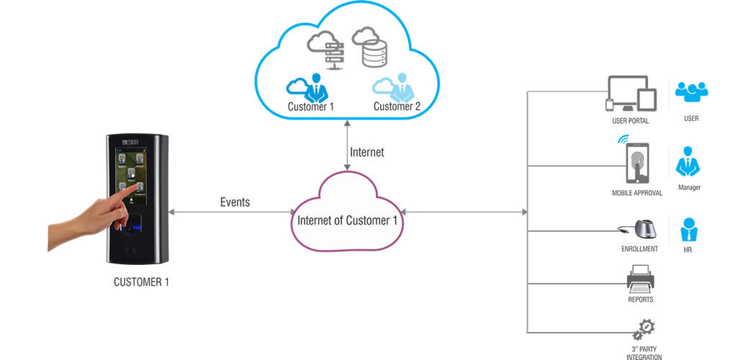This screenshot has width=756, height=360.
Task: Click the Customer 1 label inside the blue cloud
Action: [x=311, y=107]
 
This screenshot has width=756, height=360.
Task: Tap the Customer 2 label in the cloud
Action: [x=397, y=107]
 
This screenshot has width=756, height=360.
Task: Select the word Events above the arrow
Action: [x=235, y=202]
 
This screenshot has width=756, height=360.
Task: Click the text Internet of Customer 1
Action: [x=347, y=220]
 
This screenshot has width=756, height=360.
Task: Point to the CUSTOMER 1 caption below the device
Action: [x=141, y=282]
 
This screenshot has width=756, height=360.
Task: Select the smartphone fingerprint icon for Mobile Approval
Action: [x=636, y=163]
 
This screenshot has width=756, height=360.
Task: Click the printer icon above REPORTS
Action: [x=641, y=277]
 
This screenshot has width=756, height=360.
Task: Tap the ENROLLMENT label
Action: [x=639, y=249]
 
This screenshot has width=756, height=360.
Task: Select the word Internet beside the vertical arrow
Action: [x=366, y=153]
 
